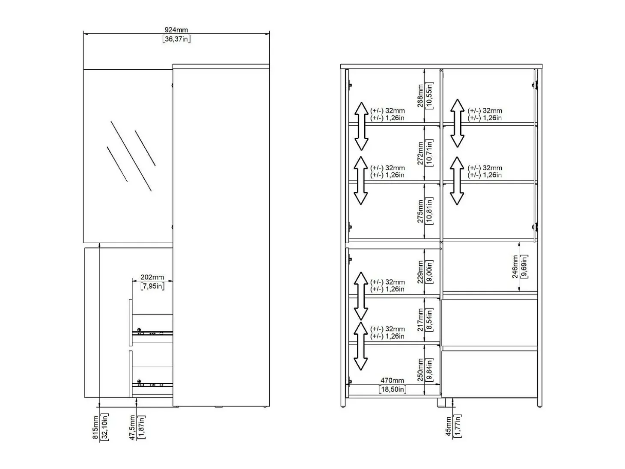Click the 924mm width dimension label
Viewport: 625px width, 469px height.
coord(176,30)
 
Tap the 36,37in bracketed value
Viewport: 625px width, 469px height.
coord(176,39)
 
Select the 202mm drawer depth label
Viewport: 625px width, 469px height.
coord(152,277)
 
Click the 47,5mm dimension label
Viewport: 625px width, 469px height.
coord(132,427)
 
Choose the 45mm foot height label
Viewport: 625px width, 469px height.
coord(449,426)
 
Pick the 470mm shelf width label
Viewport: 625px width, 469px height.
coord(392,380)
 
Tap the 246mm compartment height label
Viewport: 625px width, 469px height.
coord(515,267)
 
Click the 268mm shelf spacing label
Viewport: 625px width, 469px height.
coord(420,95)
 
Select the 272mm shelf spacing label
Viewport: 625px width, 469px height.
coord(420,153)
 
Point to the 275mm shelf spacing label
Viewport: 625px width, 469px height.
coord(420,211)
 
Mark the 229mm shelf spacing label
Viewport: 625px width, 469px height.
coord(420,272)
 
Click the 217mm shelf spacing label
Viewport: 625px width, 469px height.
coord(420,320)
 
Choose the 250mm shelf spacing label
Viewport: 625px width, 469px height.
coord(420,370)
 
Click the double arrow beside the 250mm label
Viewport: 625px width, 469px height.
coord(361,346)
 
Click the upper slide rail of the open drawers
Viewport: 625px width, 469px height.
coord(152,333)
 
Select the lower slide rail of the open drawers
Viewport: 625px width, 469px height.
coord(152,385)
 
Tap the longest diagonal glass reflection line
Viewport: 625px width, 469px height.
coord(131,156)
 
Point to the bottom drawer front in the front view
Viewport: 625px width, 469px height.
coord(489,374)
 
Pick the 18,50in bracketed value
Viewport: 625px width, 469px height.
coord(393,389)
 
